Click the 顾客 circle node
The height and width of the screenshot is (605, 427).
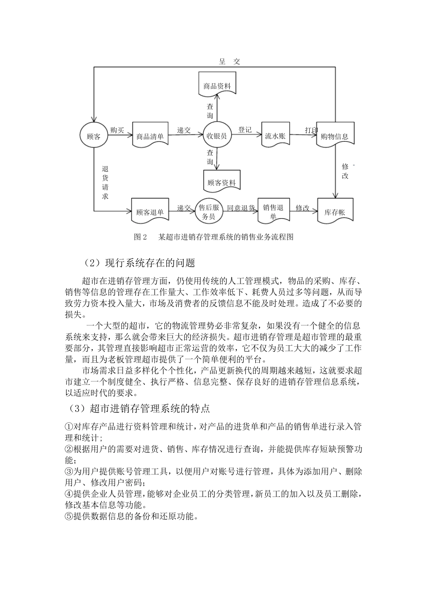coord(93,135)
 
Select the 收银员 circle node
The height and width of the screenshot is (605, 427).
coord(216,135)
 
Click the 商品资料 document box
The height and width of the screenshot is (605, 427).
coord(217,86)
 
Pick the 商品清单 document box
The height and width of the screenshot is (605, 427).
coord(150,135)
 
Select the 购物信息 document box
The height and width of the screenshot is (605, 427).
coord(335,135)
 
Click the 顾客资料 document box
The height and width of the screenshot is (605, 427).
coord(222,182)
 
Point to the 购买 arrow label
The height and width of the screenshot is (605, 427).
coord(117,130)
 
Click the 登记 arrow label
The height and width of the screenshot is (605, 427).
coord(245,130)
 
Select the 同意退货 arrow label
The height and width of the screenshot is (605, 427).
coord(241,208)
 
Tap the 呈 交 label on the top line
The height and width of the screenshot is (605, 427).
coord(229,62)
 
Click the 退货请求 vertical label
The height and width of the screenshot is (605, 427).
coord(105,182)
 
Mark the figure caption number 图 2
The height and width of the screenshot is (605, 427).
coord(141,237)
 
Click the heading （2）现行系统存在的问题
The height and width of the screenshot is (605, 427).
coord(140,262)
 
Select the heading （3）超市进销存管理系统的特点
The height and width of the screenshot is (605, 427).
coord(139,409)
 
